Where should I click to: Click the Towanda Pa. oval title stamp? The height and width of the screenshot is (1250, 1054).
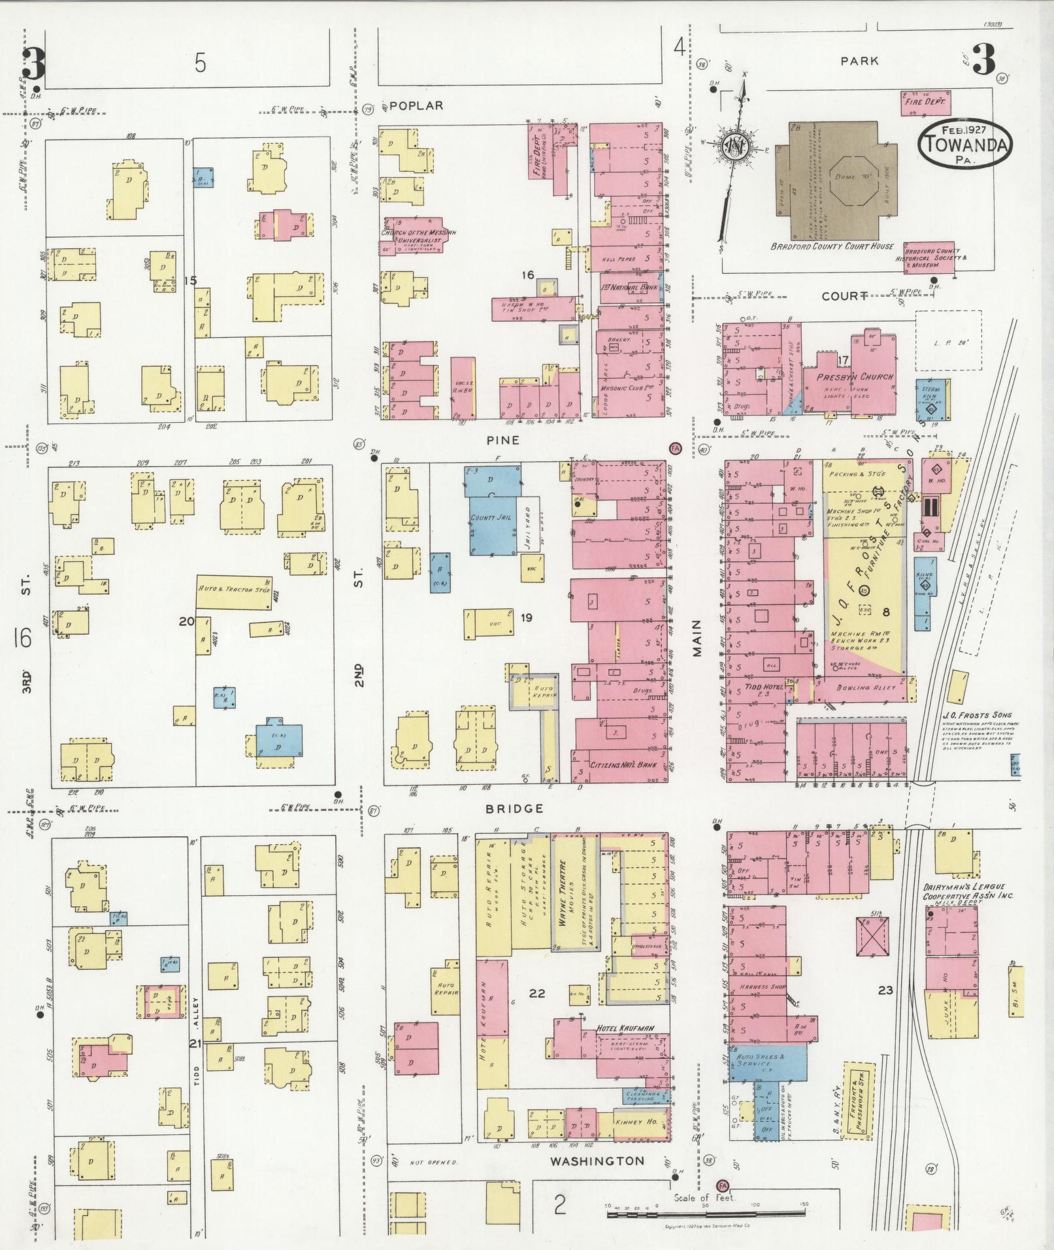[964, 144]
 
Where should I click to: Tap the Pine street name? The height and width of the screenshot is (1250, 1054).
[503, 440]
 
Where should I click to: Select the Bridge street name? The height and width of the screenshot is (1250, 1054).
[514, 808]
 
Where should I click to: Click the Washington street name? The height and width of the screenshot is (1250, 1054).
[597, 1161]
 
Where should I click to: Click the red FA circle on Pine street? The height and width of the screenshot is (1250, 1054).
[675, 448]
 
